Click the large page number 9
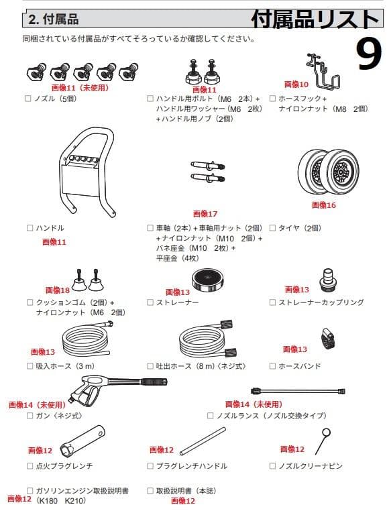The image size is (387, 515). (360, 56)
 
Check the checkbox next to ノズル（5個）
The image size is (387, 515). (29, 99)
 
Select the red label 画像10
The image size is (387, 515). (296, 84)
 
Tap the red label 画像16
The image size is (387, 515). (324, 205)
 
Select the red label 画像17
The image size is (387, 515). (205, 214)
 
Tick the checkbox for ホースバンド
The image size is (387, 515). (272, 366)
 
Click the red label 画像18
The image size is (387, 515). (57, 290)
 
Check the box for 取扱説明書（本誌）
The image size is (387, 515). (151, 490)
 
